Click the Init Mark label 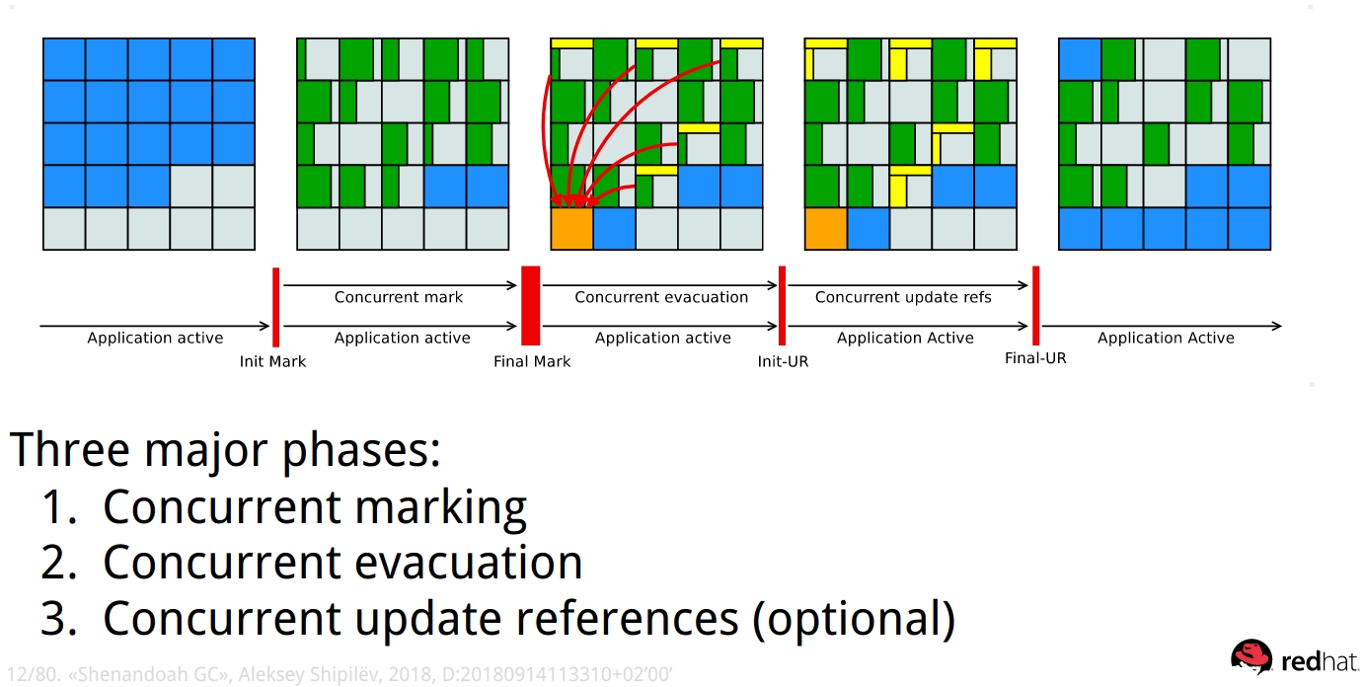[x=272, y=361]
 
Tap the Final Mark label [x=532, y=361]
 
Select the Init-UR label [x=783, y=361]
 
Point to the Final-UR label [x=1035, y=357]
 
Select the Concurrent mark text [x=398, y=297]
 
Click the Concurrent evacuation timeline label [x=661, y=297]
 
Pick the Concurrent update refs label [x=903, y=297]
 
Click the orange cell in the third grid [x=571, y=228]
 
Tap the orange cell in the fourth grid [x=825, y=228]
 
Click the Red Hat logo [x=1293, y=658]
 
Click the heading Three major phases [x=225, y=450]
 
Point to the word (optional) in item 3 [x=854, y=619]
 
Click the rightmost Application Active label [x=1166, y=338]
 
